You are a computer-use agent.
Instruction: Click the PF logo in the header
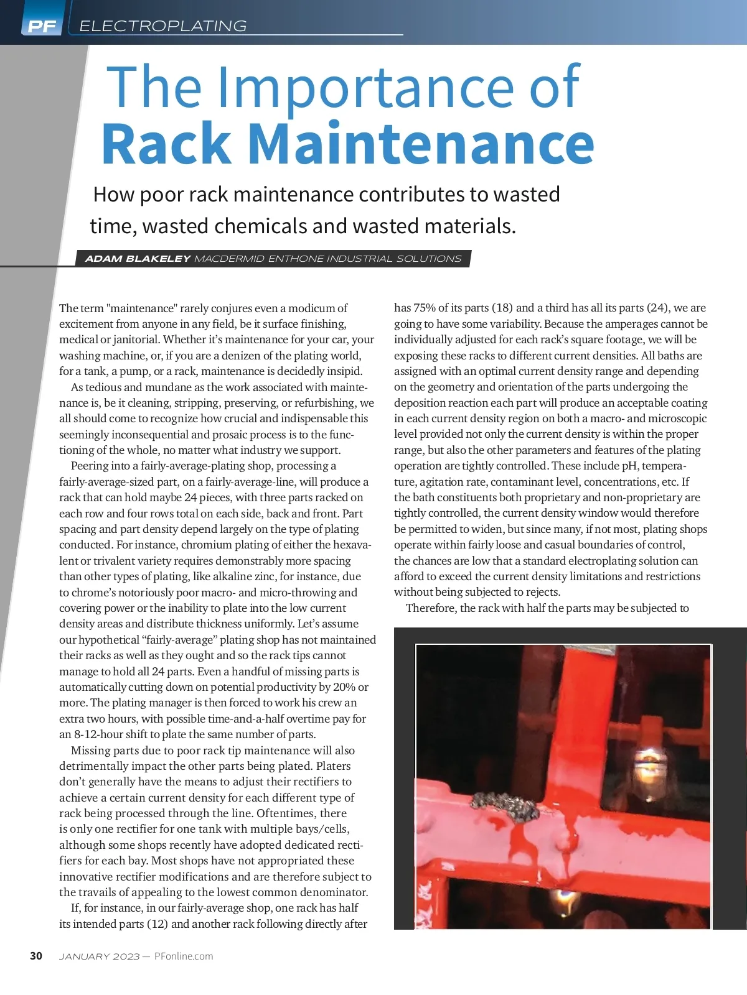coord(42,26)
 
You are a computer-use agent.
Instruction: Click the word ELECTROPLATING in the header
coord(163,26)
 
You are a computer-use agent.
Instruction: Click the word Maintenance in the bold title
coord(421,144)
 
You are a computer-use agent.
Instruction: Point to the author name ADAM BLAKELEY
coord(138,259)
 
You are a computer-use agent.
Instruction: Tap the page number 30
coord(36,956)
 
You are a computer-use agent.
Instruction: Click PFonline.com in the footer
coord(184,956)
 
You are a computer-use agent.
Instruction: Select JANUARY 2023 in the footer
coord(99,956)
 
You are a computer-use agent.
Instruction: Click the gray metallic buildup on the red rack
coord(505,807)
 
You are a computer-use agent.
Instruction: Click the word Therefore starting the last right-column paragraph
coord(431,608)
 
